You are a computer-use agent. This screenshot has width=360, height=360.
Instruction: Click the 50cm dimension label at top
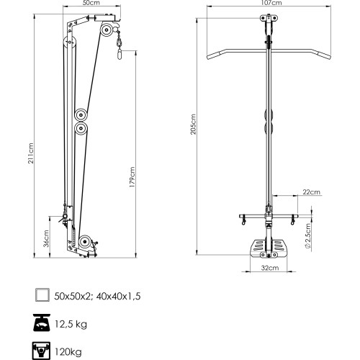(x=90, y=4)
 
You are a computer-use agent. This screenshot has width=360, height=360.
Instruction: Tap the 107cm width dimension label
(x=271, y=4)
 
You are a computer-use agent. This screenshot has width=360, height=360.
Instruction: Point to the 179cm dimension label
(x=132, y=175)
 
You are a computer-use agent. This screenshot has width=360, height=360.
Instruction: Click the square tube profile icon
(x=43, y=294)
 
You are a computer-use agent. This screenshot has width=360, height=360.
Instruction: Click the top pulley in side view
(x=106, y=30)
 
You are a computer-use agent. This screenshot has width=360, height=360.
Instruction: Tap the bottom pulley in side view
(x=86, y=242)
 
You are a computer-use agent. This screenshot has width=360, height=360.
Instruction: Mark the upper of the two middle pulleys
(x=81, y=114)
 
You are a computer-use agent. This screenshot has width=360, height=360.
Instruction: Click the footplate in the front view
(x=271, y=248)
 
